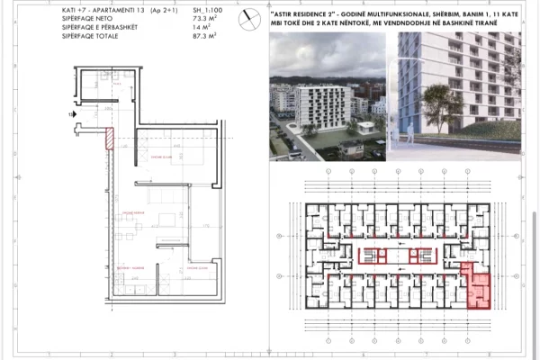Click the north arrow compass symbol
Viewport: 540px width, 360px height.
pos(246,15)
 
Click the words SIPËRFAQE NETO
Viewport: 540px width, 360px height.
pos(85,26)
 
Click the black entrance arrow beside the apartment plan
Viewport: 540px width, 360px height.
pos(70,116)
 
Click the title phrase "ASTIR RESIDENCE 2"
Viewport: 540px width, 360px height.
pos(305,15)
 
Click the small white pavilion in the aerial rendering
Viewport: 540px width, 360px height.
pos(366,127)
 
